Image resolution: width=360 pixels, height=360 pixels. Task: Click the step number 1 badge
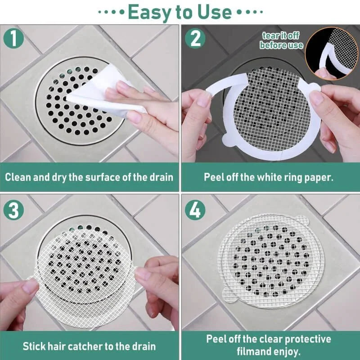pyautogui.click(x=15, y=38)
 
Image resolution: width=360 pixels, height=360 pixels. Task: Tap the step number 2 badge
pyautogui.click(x=195, y=38)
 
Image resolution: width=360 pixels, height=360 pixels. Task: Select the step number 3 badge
pyautogui.click(x=15, y=210)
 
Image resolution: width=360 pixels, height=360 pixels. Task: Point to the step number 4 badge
pyautogui.click(x=195, y=210)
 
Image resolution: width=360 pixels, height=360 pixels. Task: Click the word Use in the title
pyautogui.click(x=215, y=11)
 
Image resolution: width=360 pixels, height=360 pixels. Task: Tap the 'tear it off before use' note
pyautogui.click(x=281, y=40)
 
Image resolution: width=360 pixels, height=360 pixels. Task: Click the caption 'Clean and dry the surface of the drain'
pyautogui.click(x=89, y=176)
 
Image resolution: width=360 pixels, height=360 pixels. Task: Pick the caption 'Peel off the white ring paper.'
pyautogui.click(x=269, y=176)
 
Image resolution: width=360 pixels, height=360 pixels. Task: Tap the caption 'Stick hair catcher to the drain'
pyautogui.click(x=89, y=346)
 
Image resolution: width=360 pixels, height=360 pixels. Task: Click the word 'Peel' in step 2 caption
pyautogui.click(x=215, y=176)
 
